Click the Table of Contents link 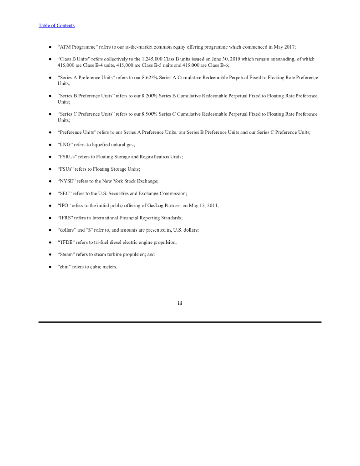pos(56,25)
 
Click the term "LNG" pos(66,144)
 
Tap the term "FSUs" pos(66,169)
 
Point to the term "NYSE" pos(66,181)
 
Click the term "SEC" pos(65,193)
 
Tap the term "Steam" pos(67,255)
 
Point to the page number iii pos(180,303)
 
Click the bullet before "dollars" pos(50,231)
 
